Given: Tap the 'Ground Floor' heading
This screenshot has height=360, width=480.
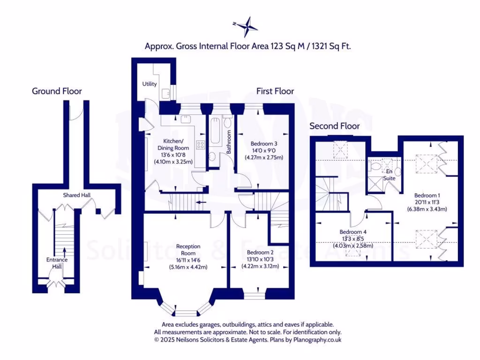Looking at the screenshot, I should click(57, 91).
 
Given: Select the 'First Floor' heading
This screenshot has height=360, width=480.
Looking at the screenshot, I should click(275, 91).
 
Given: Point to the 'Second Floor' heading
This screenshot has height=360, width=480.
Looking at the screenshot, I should click(335, 126).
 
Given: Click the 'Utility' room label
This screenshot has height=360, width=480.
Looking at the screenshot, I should click(150, 84).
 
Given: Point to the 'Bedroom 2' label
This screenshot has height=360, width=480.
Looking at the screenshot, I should click(260, 251).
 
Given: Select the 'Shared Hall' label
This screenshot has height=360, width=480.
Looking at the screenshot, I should click(77, 195).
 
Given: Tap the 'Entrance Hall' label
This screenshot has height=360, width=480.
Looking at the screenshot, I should click(57, 263).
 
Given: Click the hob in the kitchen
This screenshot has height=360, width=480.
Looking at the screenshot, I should click(200, 144).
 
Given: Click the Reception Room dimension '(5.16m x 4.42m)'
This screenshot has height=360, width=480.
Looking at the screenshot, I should click(188, 267).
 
